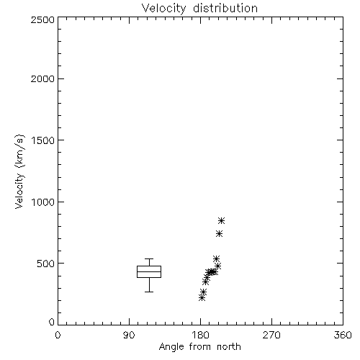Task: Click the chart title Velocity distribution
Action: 199,9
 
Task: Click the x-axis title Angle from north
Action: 199,346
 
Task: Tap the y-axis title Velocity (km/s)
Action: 19,171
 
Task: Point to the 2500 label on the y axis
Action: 42,19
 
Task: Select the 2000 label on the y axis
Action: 42,78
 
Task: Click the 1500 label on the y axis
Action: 43,140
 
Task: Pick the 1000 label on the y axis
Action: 43,202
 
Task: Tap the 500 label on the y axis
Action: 46,264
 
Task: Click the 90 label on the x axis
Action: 129,335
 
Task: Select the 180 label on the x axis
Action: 200,335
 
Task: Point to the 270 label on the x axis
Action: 271,335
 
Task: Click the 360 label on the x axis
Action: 343,335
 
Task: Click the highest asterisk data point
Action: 221,220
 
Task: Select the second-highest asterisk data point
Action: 219,233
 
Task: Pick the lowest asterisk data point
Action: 202,298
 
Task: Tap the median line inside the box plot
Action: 149,271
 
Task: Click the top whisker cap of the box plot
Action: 149,258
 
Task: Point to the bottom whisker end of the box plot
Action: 149,292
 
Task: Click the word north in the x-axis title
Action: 229,346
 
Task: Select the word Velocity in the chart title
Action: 163,9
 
